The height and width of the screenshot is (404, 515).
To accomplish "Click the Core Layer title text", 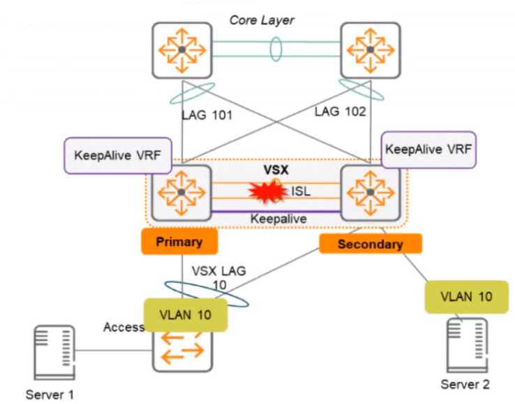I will tap(262, 20).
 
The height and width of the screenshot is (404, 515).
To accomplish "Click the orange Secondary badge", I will tap(371, 244).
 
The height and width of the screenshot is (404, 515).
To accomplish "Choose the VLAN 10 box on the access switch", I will tap(186, 314).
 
